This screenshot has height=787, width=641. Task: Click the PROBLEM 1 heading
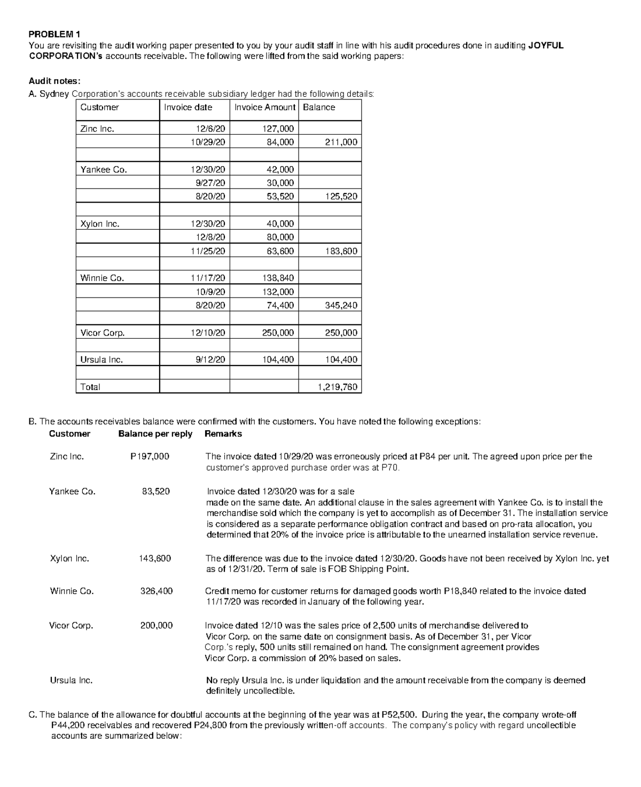click(54, 35)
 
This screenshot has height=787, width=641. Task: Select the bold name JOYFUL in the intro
click(545, 45)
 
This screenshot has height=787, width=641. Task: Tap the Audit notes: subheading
click(54, 81)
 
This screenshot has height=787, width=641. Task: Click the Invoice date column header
click(187, 107)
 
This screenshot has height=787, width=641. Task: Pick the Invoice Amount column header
click(264, 107)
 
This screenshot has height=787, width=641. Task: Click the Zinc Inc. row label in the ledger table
click(97, 129)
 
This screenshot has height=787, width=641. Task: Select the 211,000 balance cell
click(341, 142)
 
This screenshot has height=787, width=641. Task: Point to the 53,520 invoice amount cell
click(280, 197)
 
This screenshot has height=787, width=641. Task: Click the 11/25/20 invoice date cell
click(208, 251)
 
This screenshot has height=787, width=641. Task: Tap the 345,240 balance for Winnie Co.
click(341, 306)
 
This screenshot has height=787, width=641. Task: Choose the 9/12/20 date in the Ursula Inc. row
click(210, 360)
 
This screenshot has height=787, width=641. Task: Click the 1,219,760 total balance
click(337, 387)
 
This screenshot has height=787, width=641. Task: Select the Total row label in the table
click(90, 387)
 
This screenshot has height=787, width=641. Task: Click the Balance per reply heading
click(155, 434)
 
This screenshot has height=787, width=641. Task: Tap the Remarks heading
click(223, 434)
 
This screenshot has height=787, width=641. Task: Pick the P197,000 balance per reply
click(150, 456)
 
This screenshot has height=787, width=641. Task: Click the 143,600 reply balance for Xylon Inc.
click(155, 558)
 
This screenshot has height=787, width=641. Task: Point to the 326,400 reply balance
click(156, 591)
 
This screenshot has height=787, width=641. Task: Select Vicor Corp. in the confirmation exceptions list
click(71, 626)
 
